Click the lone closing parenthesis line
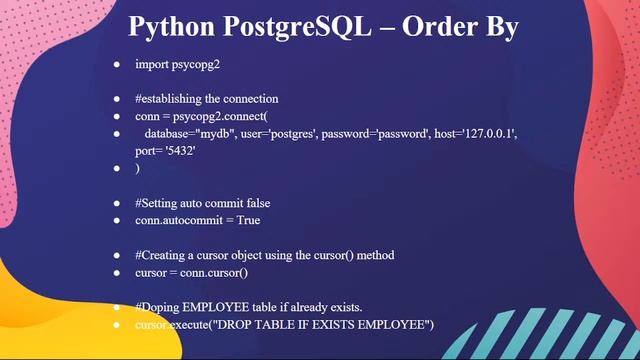pyautogui.click(x=138, y=168)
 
